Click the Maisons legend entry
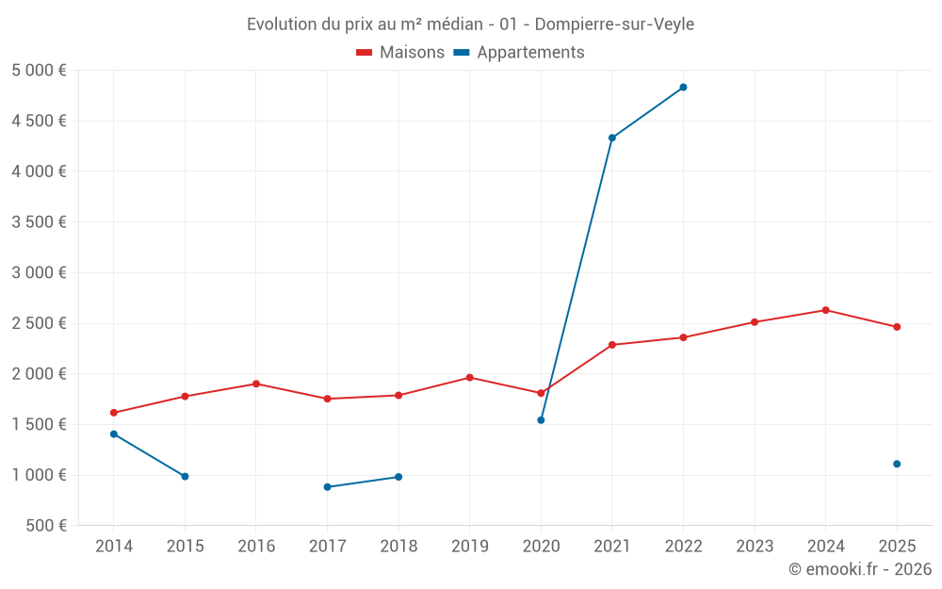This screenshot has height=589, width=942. [400, 53]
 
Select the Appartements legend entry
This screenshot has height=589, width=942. [519, 53]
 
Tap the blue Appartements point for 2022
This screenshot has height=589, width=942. [683, 88]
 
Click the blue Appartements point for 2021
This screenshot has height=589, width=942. [612, 138]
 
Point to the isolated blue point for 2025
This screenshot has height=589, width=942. [897, 464]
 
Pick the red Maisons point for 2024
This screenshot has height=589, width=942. [825, 310]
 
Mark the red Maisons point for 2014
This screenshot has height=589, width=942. [114, 413]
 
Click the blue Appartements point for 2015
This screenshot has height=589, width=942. [185, 476]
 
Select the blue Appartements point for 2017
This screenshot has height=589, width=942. [327, 487]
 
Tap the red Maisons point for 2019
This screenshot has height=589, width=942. [470, 378]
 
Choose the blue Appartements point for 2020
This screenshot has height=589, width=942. [541, 420]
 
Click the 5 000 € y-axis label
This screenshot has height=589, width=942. [39, 71]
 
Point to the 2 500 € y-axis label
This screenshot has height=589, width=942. [39, 323]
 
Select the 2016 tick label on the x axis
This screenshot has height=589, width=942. [256, 546]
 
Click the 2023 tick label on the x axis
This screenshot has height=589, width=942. [755, 546]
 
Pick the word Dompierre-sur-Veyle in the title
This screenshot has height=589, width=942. [614, 25]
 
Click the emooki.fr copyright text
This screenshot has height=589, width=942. [859, 569]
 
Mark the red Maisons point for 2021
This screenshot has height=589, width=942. [612, 345]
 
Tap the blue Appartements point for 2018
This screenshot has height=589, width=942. [398, 477]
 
